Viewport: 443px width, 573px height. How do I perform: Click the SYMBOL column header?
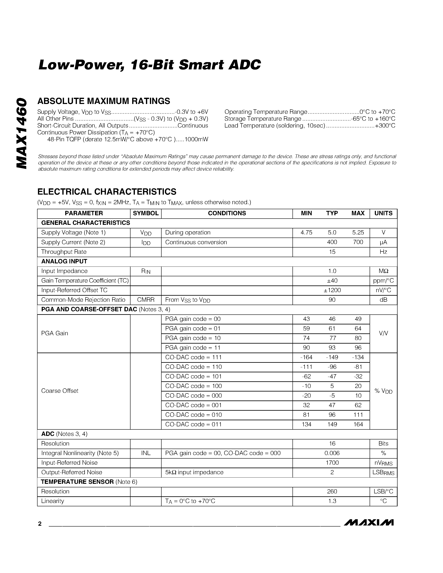coord(146,213)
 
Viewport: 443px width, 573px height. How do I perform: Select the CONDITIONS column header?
coord(227,213)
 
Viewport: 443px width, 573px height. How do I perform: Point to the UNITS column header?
coord(383,213)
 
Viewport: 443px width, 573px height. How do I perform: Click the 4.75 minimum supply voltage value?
coord(306,233)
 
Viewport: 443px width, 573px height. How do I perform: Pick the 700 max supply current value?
coord(358,242)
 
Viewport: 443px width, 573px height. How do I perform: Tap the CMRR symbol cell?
coord(146,300)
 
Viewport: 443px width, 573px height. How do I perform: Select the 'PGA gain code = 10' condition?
coord(193,338)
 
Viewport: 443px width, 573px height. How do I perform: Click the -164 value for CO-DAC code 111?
coord(306,357)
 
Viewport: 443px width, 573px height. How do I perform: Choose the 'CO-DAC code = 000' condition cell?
coord(193,395)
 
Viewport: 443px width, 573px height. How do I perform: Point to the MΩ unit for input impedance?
coord(383,271)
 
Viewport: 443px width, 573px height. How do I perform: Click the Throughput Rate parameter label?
coord(64,252)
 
